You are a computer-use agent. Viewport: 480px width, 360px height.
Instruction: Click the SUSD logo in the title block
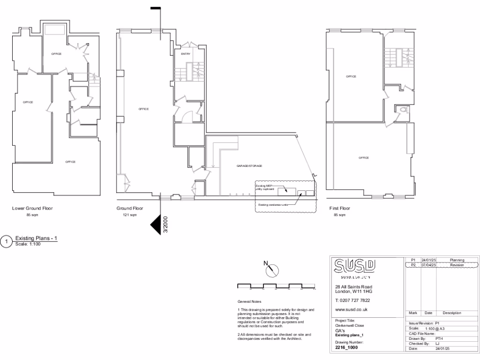(x=354, y=266)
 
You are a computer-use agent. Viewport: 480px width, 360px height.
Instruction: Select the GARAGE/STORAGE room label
(x=249, y=166)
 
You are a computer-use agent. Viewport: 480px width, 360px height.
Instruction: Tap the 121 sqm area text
(x=130, y=215)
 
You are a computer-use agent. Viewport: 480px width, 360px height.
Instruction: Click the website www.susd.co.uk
(x=351, y=309)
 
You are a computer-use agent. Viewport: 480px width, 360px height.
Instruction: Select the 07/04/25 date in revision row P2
(x=428, y=265)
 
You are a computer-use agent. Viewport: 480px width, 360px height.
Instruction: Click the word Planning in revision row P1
(x=457, y=260)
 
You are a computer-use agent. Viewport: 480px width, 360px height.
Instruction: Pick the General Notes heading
(x=250, y=302)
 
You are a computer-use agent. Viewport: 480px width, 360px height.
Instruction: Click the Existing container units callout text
(x=272, y=205)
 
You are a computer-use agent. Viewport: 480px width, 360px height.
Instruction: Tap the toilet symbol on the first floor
(x=403, y=110)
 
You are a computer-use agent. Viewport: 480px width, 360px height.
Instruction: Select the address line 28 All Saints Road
(x=353, y=286)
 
